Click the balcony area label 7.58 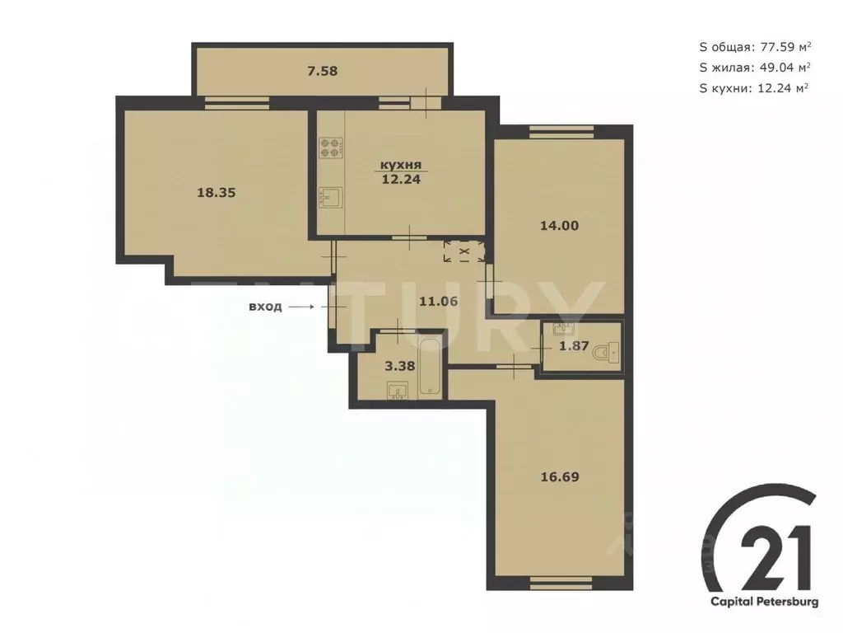322,71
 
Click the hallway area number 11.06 438,301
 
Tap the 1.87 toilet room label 574,346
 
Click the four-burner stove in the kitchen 330,147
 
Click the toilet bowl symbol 608,353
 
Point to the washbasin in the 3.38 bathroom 398,391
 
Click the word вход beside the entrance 265,307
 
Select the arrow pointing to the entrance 301,307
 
